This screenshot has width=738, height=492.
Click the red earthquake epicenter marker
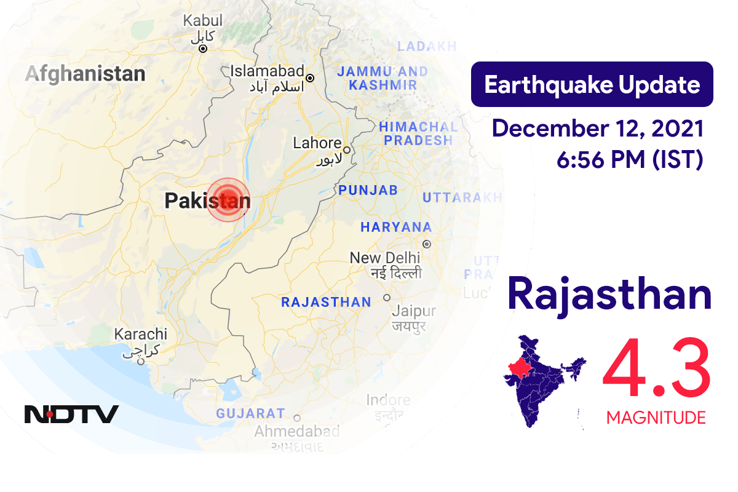(x=228, y=199)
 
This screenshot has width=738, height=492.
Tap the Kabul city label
(x=203, y=21)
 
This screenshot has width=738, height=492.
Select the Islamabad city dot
(x=310, y=78)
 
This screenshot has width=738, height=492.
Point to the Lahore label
(x=317, y=143)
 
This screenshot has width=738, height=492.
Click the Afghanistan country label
(x=85, y=74)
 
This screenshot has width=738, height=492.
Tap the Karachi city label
(x=141, y=335)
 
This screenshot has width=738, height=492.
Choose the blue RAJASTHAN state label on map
(x=326, y=302)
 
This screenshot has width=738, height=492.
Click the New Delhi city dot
(x=427, y=244)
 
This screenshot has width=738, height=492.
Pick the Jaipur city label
(x=413, y=311)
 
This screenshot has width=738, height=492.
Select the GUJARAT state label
(x=250, y=413)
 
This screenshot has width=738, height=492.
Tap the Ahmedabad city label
(x=297, y=431)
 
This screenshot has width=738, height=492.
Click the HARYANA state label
(x=396, y=227)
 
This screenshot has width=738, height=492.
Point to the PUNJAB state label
(x=368, y=190)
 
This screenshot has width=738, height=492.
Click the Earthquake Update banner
(x=592, y=85)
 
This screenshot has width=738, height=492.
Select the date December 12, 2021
(x=598, y=129)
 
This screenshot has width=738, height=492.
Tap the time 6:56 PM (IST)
(x=629, y=160)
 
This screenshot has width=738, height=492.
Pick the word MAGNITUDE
(x=656, y=418)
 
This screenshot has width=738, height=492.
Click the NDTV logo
(x=71, y=414)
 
